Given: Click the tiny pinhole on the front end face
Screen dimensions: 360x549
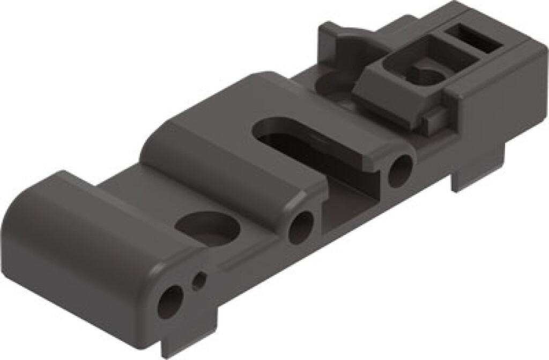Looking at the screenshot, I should pyautogui.click(x=199, y=280).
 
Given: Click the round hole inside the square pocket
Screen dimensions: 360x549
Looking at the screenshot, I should pyautogui.click(x=426, y=75).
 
